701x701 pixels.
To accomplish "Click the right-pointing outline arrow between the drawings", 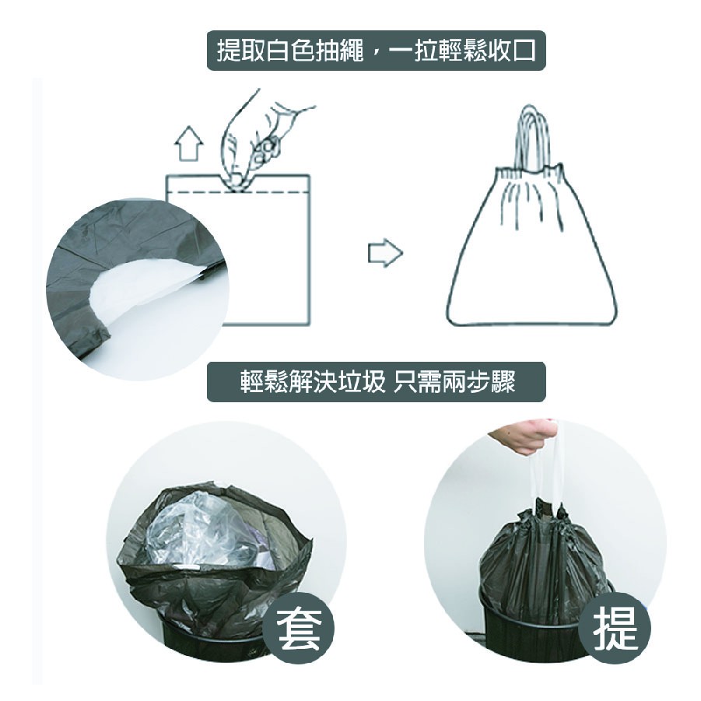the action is point(385,253).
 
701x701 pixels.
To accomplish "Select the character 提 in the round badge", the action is point(615,629).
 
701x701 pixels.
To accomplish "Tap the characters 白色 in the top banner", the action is point(291,51).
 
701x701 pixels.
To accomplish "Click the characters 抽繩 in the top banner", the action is point(340,51).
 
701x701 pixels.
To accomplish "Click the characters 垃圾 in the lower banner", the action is point(361,381).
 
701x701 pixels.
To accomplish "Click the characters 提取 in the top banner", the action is point(242,51).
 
